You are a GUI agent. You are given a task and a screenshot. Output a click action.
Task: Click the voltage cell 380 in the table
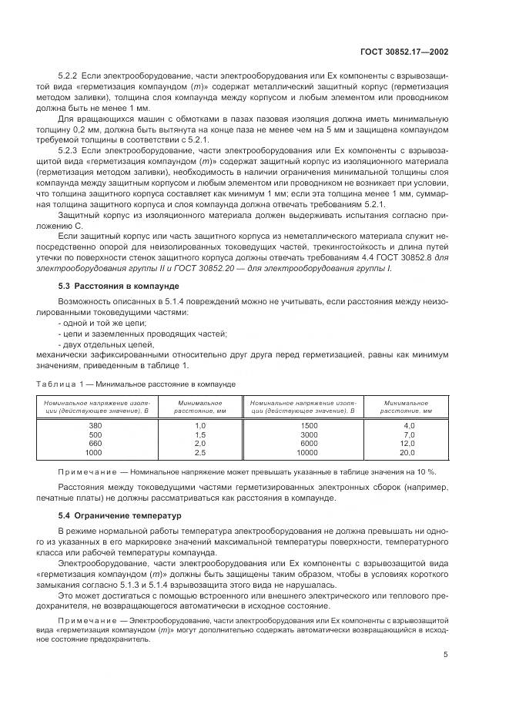click(95, 425)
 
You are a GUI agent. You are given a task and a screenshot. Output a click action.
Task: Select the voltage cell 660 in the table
click(95, 444)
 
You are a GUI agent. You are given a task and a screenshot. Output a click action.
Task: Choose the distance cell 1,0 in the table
click(200, 425)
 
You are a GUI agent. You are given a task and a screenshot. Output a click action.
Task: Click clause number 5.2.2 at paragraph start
click(70, 75)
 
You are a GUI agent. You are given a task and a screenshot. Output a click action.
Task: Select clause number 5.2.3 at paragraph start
click(70, 151)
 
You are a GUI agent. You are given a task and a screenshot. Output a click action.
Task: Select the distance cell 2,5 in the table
click(200, 453)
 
